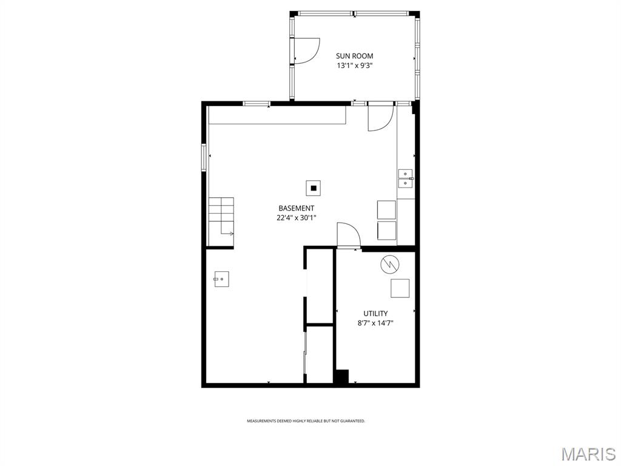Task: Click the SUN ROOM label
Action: pos(355,56)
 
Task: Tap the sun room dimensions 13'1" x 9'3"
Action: pos(355,66)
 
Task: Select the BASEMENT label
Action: pos(296,208)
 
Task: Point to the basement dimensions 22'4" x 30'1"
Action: pos(296,218)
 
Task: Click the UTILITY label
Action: pos(375,314)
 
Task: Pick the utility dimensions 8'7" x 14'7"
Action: pos(375,323)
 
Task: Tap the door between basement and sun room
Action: pos(380,117)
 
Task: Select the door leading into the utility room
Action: pos(348,235)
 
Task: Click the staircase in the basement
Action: pos(221,217)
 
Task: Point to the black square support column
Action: pos(314,188)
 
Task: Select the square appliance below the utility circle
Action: pos(400,288)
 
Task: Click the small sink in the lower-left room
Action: pos(221,280)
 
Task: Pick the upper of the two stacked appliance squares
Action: pos(386,209)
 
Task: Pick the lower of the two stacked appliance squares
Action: pos(386,231)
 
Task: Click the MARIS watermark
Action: pos(588,454)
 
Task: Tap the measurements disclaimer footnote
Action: pos(306,420)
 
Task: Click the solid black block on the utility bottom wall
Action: pos(341,376)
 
